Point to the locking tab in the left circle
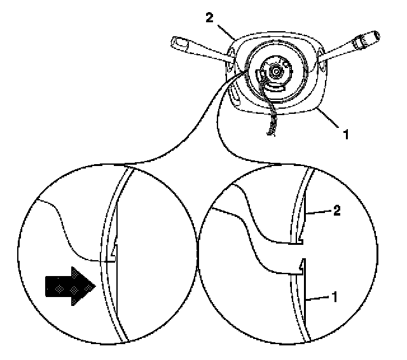[112, 257]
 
